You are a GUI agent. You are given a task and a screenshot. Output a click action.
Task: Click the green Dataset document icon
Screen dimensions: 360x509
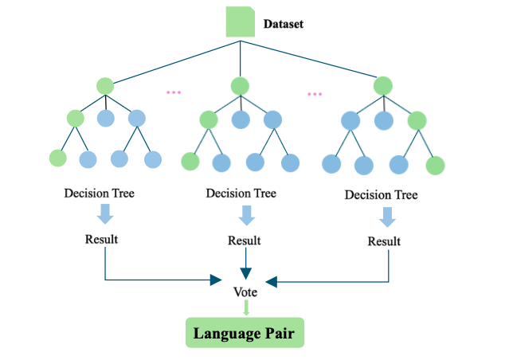pos(240,22)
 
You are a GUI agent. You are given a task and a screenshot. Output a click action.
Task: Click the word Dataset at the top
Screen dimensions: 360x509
pos(284,24)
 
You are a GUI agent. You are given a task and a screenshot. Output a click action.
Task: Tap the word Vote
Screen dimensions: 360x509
pos(245,292)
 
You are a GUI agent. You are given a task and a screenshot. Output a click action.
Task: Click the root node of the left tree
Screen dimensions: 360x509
pos(105,85)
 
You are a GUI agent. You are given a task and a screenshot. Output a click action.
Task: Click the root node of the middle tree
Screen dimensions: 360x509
pos(241,84)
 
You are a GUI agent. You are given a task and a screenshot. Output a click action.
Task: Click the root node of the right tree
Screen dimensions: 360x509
pos(383,84)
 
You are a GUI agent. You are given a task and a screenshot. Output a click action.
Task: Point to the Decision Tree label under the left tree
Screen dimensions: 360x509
pos(100,194)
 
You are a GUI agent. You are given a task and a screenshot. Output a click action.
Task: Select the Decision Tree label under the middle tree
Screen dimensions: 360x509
pos(241,194)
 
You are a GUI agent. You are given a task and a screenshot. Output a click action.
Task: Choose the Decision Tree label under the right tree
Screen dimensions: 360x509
pos(381,195)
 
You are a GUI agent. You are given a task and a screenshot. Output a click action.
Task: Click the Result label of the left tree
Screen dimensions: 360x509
pos(102,239)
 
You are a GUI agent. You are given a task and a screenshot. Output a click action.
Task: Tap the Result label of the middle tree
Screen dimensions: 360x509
pos(245,241)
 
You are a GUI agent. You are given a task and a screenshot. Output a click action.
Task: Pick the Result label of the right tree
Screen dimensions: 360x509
pos(384,241)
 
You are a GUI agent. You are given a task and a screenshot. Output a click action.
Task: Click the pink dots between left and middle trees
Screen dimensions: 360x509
pos(174,93)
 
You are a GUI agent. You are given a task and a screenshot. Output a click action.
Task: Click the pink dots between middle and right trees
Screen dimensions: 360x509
pos(315,94)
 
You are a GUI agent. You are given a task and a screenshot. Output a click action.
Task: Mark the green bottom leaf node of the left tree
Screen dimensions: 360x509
pos(58,158)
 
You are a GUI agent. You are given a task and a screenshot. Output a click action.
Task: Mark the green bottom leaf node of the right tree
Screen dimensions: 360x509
pos(435,166)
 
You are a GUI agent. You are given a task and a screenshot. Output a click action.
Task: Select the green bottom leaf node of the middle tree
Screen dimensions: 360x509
pos(190,162)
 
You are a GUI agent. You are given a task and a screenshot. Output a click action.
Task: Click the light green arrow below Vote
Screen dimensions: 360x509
pos(245,307)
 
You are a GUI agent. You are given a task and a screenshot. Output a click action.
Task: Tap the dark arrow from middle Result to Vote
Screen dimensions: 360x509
pos(245,264)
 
